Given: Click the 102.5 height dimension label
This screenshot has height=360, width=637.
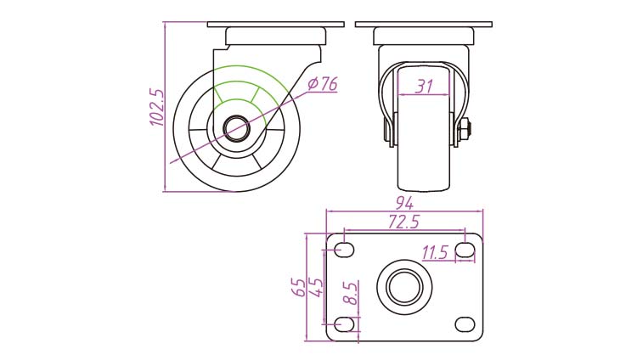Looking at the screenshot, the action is coord(157,107).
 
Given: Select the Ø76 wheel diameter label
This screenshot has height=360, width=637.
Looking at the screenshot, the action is coord(322,84).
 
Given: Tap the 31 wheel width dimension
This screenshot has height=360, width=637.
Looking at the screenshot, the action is coord(424,86).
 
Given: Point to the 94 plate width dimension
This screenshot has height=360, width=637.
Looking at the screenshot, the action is coord(404,203).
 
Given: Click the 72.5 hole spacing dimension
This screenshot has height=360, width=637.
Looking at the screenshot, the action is coord(403,222).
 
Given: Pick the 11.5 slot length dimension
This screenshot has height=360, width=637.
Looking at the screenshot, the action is coord(434,253).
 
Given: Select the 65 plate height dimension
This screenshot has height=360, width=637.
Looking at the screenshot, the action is coord(299,287).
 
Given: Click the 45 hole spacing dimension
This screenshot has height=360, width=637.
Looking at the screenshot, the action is coord(317,287).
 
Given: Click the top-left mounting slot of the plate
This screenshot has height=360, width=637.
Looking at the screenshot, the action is coord(344,250).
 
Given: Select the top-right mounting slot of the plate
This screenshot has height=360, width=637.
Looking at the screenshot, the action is coord(465,250).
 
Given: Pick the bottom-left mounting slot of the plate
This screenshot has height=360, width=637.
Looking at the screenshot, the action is coord(344,324).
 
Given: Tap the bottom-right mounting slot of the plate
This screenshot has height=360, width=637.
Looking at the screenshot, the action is coord(465,324).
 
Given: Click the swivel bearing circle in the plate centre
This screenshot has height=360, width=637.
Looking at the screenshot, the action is coord(404,287).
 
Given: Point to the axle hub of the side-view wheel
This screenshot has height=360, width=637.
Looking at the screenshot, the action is coord(237,128).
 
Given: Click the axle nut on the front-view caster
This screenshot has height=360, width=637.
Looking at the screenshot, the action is coord(465,129).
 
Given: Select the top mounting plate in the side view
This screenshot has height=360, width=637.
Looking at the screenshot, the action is coord(276,25).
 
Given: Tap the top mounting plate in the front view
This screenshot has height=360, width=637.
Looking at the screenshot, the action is coord(424,25).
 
